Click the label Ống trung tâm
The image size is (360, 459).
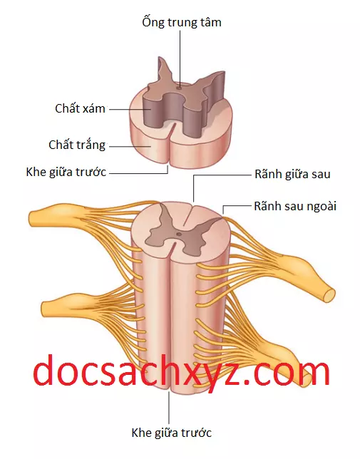pos(182,22)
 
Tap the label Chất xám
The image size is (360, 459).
pos(80,108)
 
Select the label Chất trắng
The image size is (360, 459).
pos(77,145)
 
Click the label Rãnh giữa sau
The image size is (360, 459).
pos(292,174)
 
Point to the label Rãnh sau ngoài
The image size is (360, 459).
pos(295,206)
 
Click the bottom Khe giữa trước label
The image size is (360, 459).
pos(172,433)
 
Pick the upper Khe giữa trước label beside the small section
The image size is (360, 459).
pos(66,172)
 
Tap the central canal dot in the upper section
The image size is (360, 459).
pos(179,87)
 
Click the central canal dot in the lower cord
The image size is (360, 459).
pos(178,234)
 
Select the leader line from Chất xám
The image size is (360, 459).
pos(130,110)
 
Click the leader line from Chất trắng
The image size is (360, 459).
pos(130,146)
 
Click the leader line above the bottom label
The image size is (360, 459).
pos(169,408)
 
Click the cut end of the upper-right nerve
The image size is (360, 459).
pos(329,296)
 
